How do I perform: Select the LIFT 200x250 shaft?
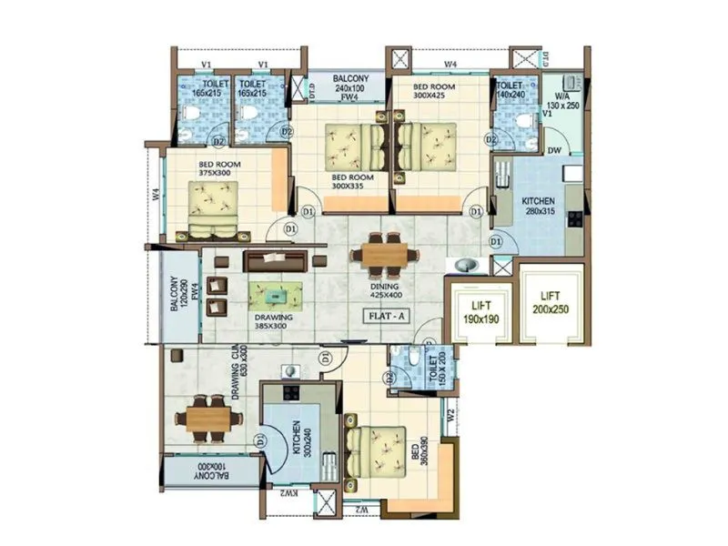tap(550, 303)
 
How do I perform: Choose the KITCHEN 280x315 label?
tap(539, 205)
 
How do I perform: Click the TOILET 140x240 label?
tap(512, 89)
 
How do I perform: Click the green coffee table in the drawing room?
tap(275, 293)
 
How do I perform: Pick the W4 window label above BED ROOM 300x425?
tap(450, 64)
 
